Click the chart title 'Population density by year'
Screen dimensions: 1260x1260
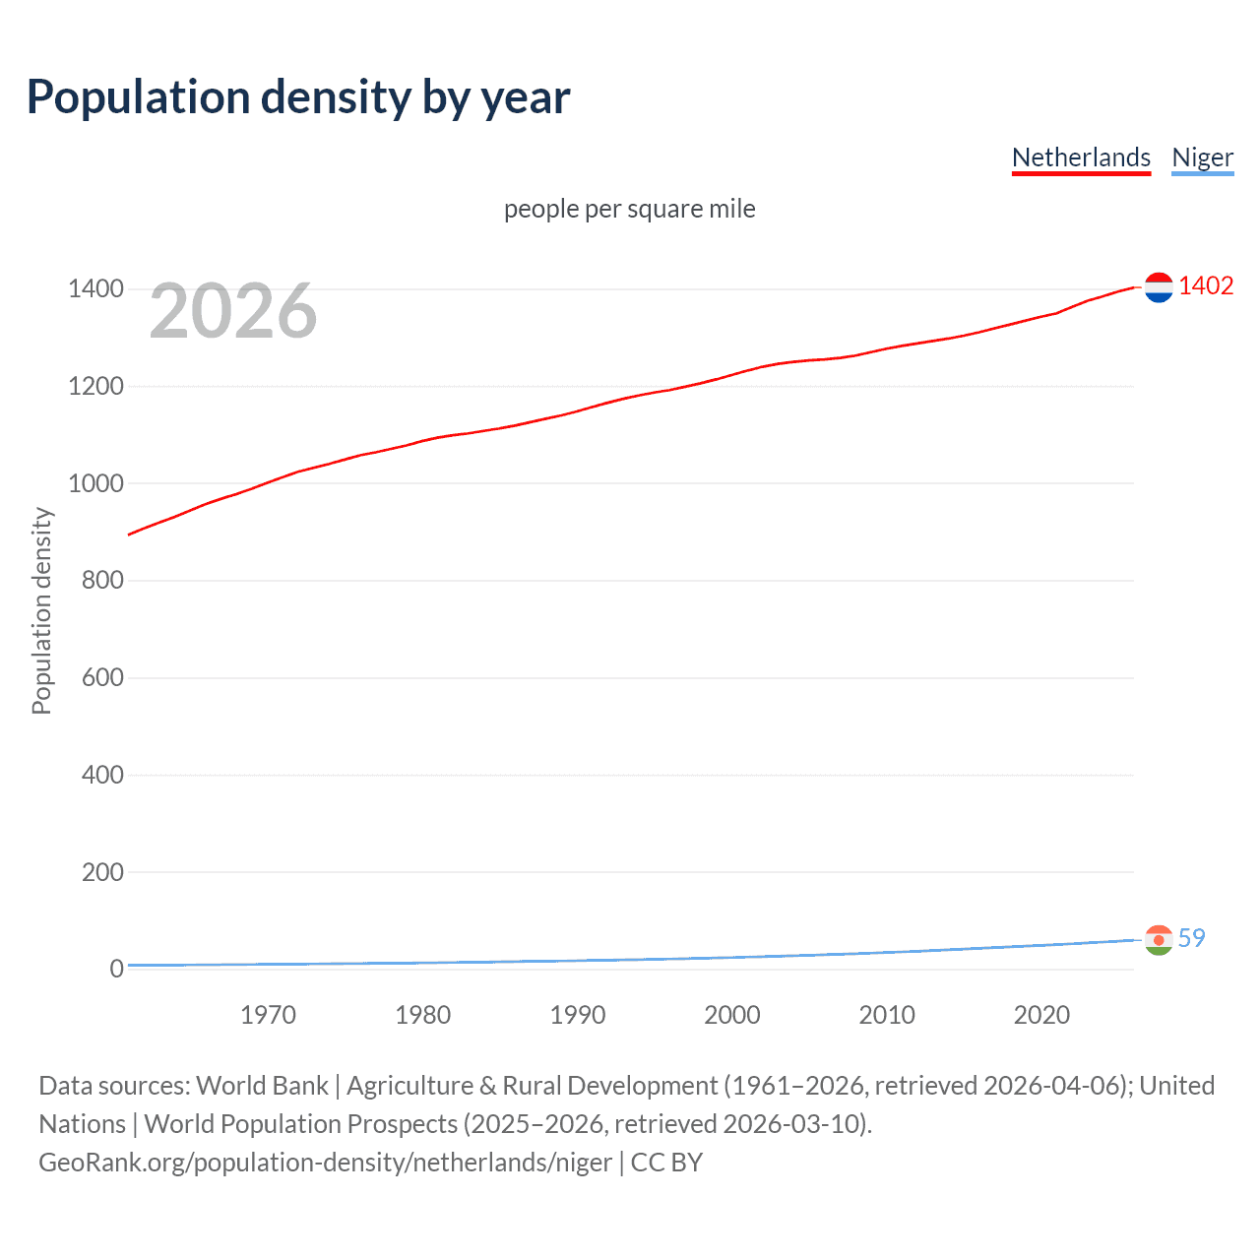pos(298,97)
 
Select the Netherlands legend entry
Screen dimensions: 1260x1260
pos(1081,157)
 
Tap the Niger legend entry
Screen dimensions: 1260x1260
pos(1202,157)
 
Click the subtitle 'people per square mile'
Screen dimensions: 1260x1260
pos(630,209)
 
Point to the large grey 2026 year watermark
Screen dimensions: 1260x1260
pos(233,311)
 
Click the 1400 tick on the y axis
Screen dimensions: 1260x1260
pos(95,288)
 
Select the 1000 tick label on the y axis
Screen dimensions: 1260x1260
pos(95,483)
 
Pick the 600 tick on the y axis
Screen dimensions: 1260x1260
pos(102,677)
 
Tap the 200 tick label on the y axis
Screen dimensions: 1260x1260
pos(102,872)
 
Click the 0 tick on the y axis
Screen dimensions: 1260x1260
pos(116,969)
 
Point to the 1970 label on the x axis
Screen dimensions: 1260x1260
pos(268,1015)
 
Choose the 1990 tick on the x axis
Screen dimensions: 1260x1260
pos(578,1015)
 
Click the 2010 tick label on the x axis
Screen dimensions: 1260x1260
pos(887,1015)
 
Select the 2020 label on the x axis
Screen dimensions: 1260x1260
pos(1041,1015)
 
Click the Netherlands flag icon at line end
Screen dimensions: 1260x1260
pos(1159,287)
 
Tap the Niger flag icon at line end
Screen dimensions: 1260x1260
pos(1159,940)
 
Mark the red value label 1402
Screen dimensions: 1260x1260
pos(1206,285)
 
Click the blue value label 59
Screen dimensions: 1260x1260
pos(1191,938)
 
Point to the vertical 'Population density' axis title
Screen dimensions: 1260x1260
pos(41,610)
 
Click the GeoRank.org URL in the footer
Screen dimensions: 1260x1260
pos(325,1163)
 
